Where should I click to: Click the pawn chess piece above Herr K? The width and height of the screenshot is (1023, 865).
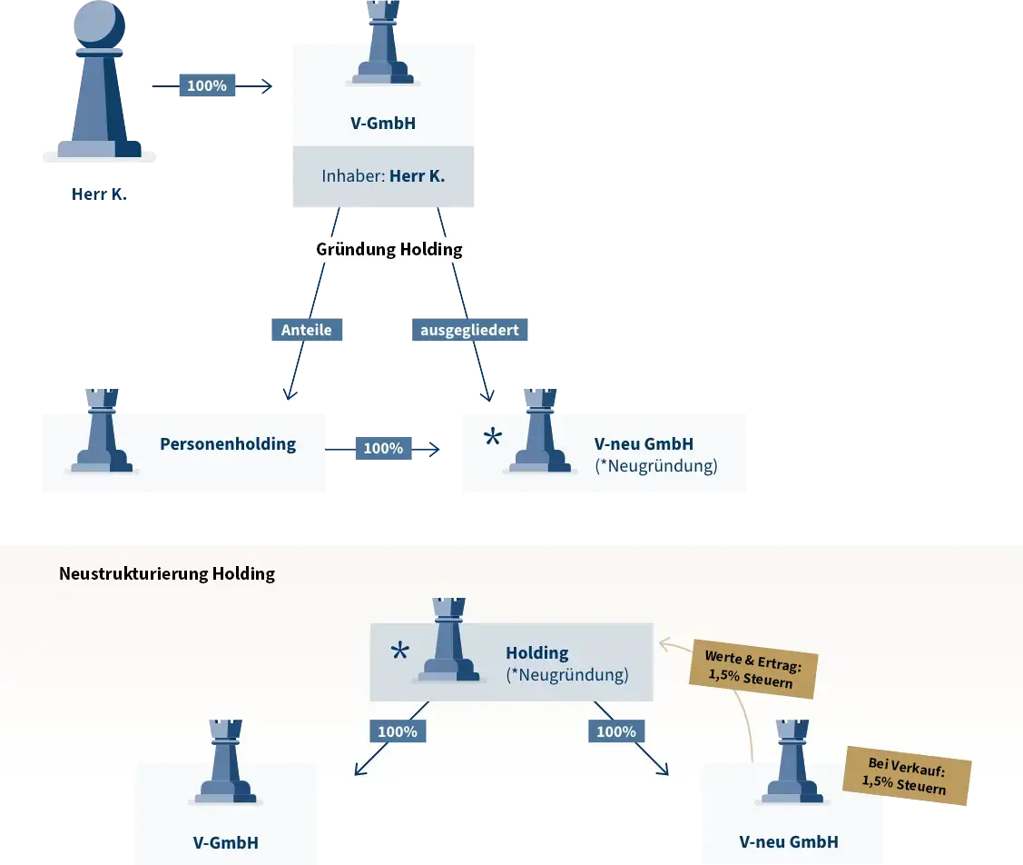(x=99, y=82)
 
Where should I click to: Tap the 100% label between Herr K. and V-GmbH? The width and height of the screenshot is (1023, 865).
(x=207, y=85)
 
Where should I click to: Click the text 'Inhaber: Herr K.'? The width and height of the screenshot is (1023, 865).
(x=383, y=175)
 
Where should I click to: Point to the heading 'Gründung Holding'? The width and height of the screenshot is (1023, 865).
(x=389, y=249)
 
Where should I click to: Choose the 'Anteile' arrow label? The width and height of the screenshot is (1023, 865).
(x=307, y=330)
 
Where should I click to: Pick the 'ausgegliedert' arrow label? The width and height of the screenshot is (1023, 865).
(x=469, y=330)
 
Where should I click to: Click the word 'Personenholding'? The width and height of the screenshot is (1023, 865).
(x=228, y=444)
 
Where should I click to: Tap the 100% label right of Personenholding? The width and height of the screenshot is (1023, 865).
(x=383, y=448)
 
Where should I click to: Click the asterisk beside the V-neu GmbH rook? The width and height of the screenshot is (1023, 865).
(x=492, y=439)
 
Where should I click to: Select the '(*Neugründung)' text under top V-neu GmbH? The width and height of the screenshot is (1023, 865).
(x=655, y=466)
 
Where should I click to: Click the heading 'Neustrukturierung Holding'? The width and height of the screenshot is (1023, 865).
(x=167, y=573)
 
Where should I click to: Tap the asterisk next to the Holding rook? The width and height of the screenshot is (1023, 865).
(x=399, y=651)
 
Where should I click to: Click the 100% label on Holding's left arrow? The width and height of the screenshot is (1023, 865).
(x=398, y=731)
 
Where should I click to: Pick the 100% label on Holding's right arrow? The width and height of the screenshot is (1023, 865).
(x=616, y=731)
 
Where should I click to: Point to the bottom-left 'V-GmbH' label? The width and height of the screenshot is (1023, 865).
(x=226, y=842)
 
